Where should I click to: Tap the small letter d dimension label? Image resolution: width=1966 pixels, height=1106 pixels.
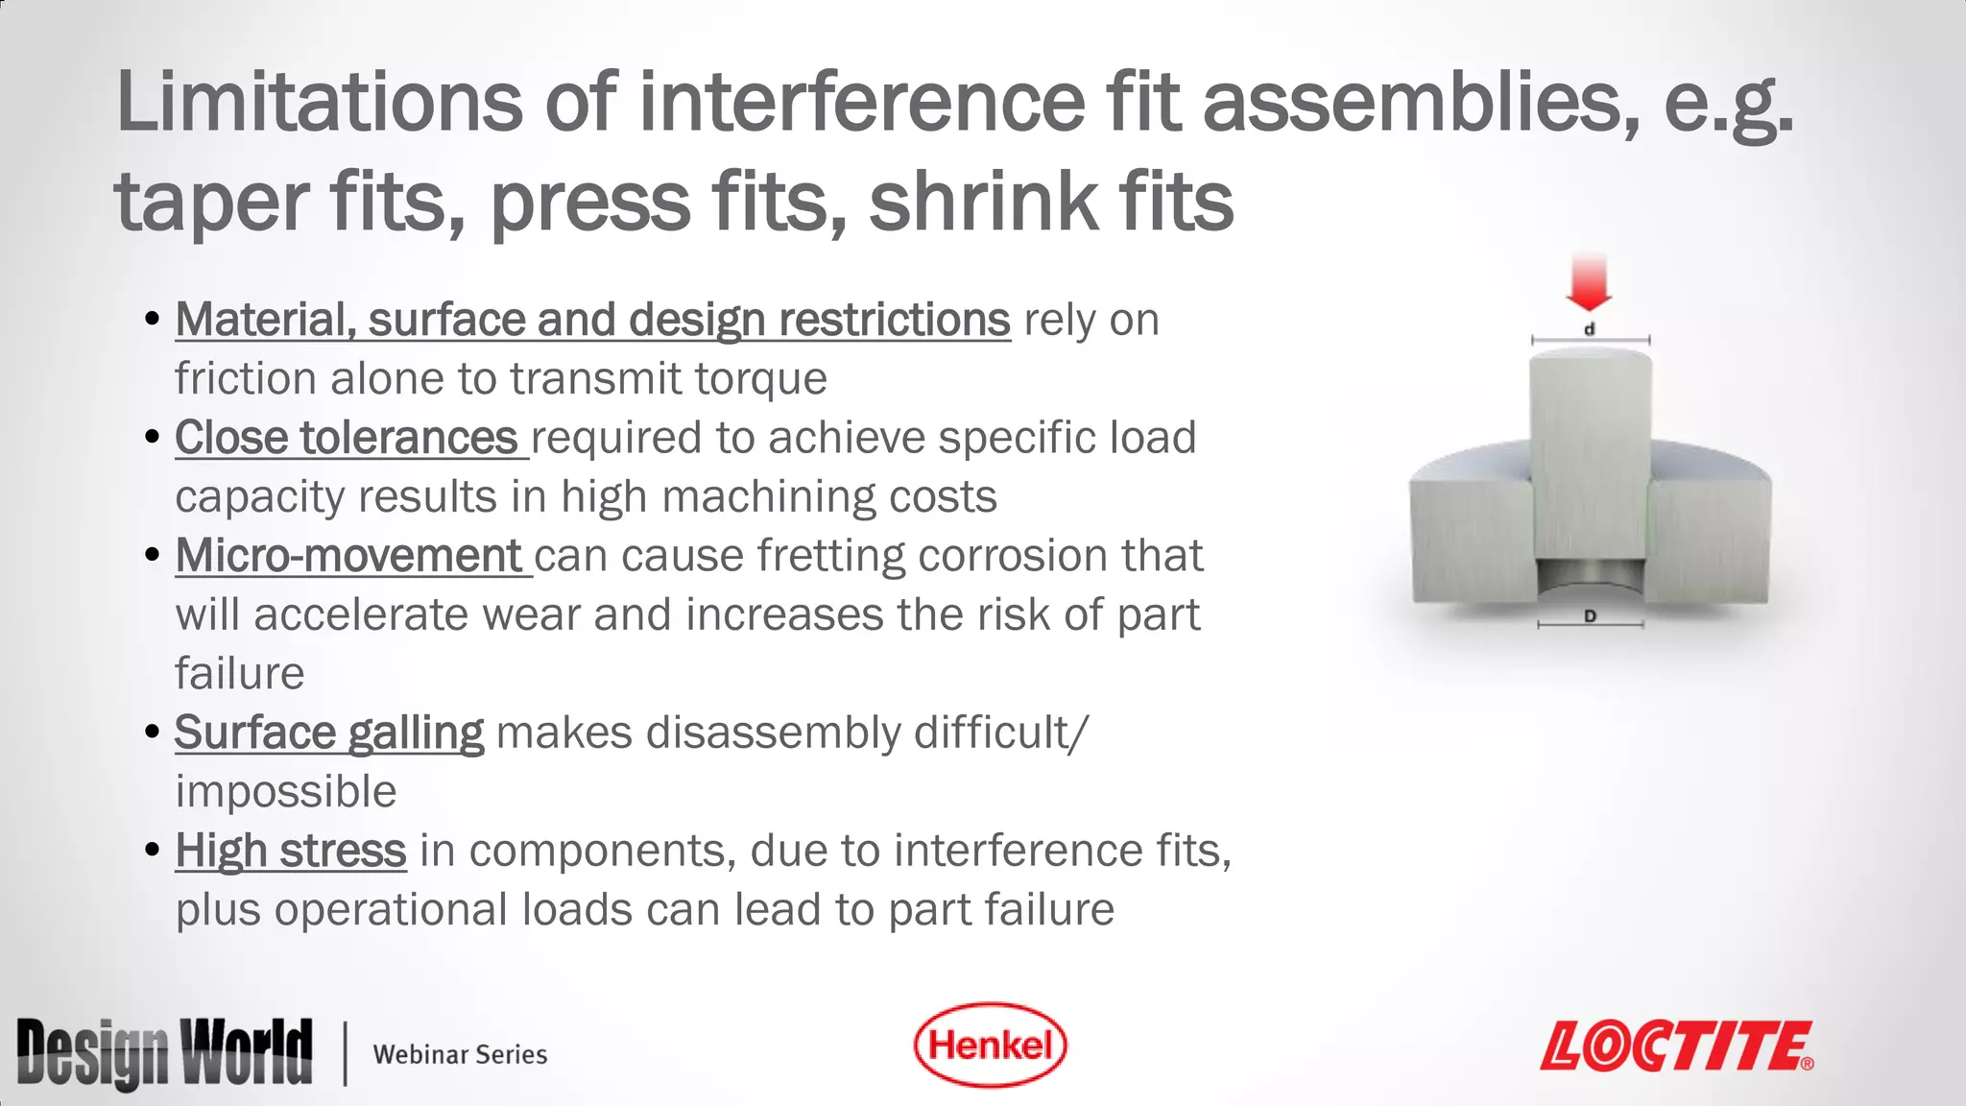(x=1589, y=329)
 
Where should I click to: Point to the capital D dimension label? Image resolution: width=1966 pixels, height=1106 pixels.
(x=1590, y=616)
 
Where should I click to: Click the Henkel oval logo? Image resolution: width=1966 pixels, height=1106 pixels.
(x=990, y=1045)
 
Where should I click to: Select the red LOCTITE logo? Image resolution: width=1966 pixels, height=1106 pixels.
(x=1676, y=1046)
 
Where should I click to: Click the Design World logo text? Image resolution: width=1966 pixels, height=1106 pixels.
(x=164, y=1053)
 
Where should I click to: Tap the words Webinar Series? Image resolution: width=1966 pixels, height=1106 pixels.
(x=460, y=1054)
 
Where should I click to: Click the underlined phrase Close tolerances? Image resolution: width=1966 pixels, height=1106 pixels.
(x=347, y=438)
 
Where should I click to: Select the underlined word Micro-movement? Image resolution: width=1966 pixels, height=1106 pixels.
(x=348, y=556)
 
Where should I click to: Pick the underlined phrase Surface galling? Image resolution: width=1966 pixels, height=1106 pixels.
(x=329, y=733)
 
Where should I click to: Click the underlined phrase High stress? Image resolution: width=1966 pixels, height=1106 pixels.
(x=291, y=851)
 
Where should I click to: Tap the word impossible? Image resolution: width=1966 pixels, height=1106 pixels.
(x=286, y=792)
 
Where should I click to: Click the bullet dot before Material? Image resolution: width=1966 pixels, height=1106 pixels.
(x=152, y=319)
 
